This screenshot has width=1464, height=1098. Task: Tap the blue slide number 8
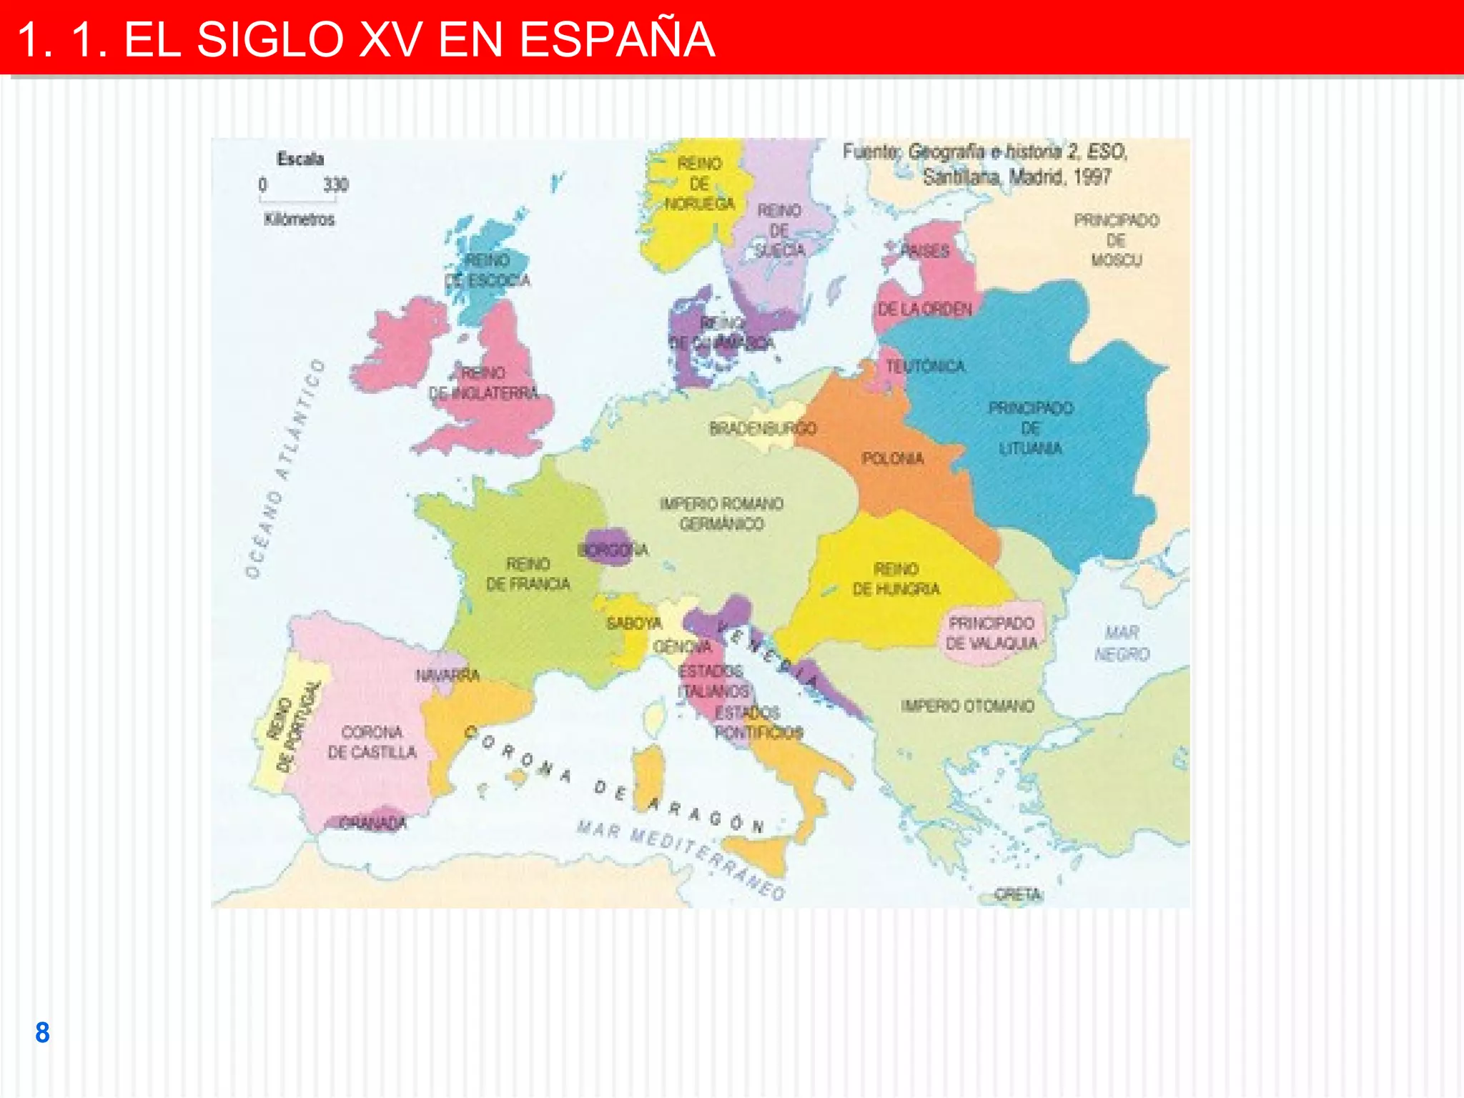click(x=42, y=1032)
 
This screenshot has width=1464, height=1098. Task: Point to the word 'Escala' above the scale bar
click(x=300, y=159)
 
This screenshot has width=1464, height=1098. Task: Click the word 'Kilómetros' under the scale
click(x=299, y=219)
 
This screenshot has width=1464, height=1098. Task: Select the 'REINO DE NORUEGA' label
click(x=699, y=184)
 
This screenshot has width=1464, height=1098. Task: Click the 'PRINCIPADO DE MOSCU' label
click(x=1116, y=240)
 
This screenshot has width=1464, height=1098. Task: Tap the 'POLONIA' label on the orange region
click(x=892, y=458)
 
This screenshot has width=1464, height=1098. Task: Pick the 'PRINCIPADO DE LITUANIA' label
click(x=1030, y=428)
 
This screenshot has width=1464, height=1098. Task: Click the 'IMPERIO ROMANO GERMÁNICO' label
click(x=721, y=514)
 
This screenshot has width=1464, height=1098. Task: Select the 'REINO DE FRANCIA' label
click(x=528, y=574)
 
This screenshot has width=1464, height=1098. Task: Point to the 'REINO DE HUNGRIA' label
click(x=896, y=579)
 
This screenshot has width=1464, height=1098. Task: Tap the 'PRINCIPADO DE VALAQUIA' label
click(x=991, y=633)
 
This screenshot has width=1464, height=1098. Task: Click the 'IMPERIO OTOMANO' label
click(x=967, y=706)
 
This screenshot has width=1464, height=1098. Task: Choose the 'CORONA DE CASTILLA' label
click(x=372, y=742)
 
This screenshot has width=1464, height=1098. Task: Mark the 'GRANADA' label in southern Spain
click(x=372, y=823)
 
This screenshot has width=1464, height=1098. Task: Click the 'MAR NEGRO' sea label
click(x=1122, y=643)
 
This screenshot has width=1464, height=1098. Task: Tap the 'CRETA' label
click(x=1018, y=894)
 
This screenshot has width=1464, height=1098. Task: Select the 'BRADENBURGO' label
click(x=762, y=429)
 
